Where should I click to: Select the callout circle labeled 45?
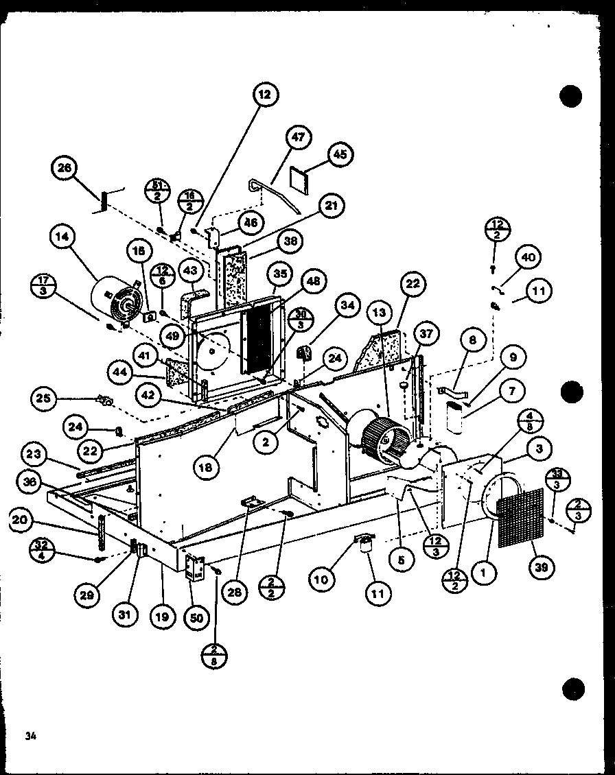pos(338,154)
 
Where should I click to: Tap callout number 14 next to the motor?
pos(63,238)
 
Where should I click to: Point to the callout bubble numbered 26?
pos(67,169)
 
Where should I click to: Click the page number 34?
pos(29,736)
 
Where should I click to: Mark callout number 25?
pos(43,398)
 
